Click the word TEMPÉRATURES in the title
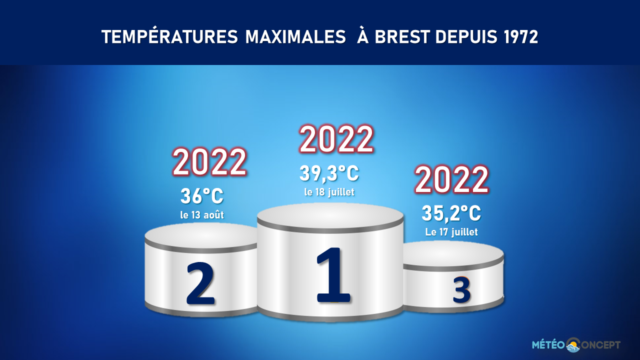[x=169, y=36]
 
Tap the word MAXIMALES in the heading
[x=295, y=37]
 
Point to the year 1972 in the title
[x=520, y=37]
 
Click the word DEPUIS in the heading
[x=466, y=37]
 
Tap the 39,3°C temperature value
[x=329, y=173]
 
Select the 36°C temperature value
[x=201, y=196]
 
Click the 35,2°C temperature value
[x=451, y=213]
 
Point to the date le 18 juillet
[x=329, y=192]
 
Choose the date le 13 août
[x=201, y=215]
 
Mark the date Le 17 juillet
[x=451, y=231]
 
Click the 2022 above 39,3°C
[x=336, y=139]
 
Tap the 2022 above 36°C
[x=209, y=162]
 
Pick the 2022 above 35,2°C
[x=451, y=180]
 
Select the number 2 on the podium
[x=200, y=283]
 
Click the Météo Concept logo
[x=576, y=345]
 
